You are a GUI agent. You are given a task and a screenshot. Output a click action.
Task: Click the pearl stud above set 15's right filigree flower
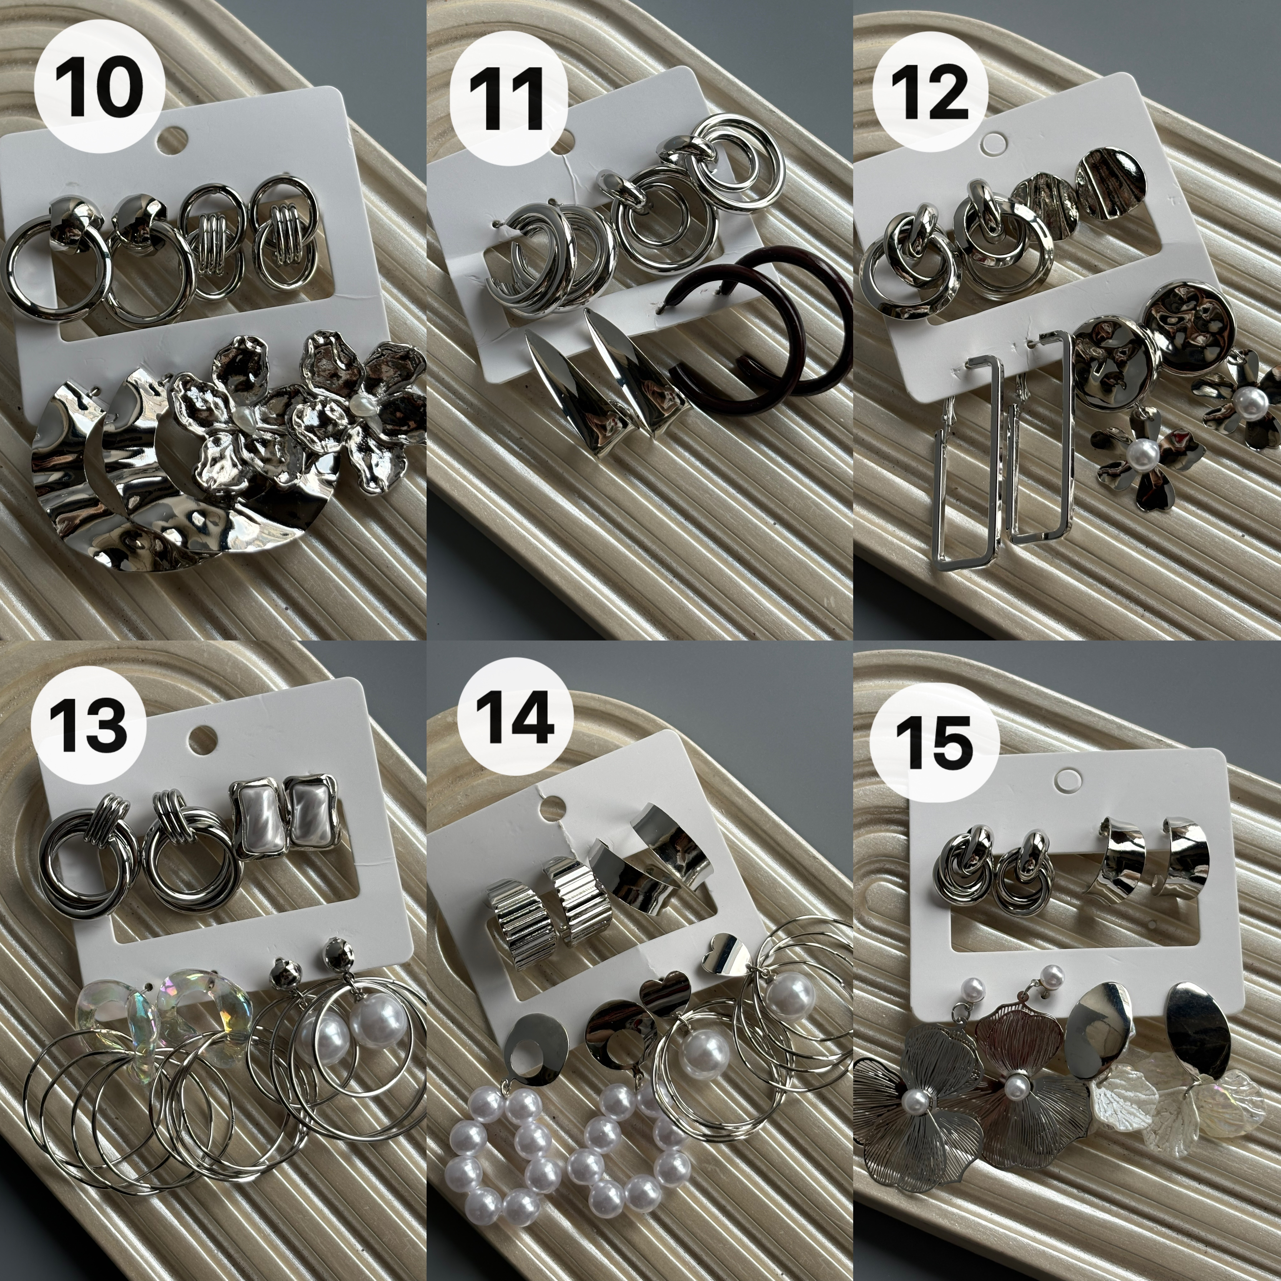[1052, 975]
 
